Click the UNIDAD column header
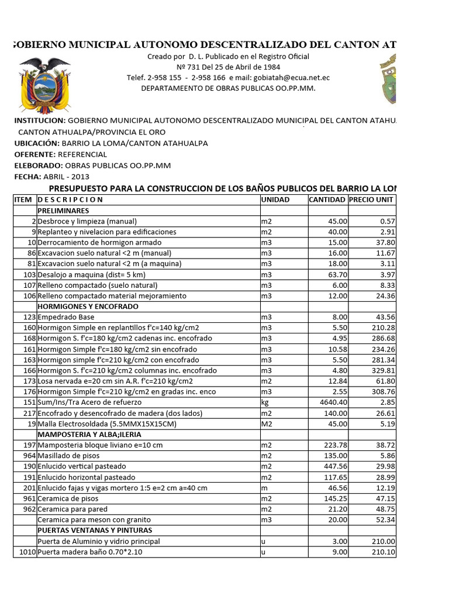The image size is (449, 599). (276, 199)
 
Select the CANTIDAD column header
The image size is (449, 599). (327, 199)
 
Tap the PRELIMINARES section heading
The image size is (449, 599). (63, 210)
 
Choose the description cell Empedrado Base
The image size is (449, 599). (66, 317)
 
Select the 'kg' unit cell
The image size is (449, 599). (265, 402)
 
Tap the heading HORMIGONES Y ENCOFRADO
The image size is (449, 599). (88, 307)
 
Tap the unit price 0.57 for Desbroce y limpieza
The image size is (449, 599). (387, 221)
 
